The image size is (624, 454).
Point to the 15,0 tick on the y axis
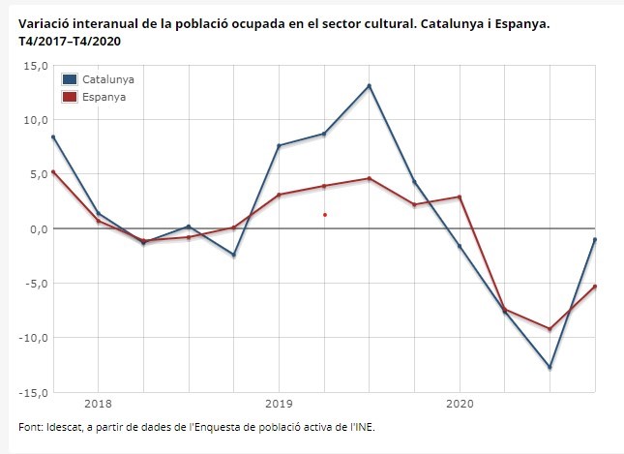[35, 66]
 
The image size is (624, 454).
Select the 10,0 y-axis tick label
[35, 120]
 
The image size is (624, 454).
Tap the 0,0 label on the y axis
[38, 229]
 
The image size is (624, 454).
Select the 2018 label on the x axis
[99, 402]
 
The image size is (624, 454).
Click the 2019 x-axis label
[279, 402]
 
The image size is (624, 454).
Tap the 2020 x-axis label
[459, 402]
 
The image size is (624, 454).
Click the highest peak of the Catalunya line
[370, 86]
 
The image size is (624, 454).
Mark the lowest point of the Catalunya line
[550, 368]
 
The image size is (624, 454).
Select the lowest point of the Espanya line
[550, 329]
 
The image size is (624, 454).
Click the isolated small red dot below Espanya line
[325, 215]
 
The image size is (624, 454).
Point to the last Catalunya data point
[594, 239]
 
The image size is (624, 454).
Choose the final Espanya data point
[594, 287]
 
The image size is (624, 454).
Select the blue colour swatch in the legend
[70, 79]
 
